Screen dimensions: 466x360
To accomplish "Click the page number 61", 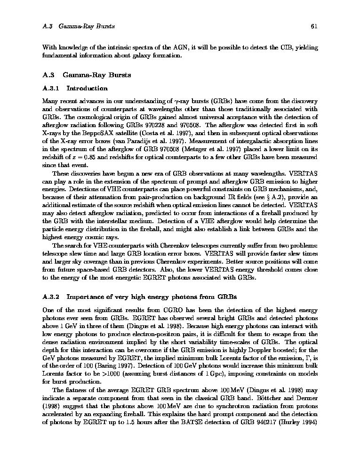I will [314, 26].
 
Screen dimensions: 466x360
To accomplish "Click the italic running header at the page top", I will [79, 26].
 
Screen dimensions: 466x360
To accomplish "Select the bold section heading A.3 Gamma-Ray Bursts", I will [87, 74].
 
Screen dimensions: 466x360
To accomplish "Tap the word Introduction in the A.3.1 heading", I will [87, 88].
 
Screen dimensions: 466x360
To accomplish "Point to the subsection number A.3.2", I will [51, 297].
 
